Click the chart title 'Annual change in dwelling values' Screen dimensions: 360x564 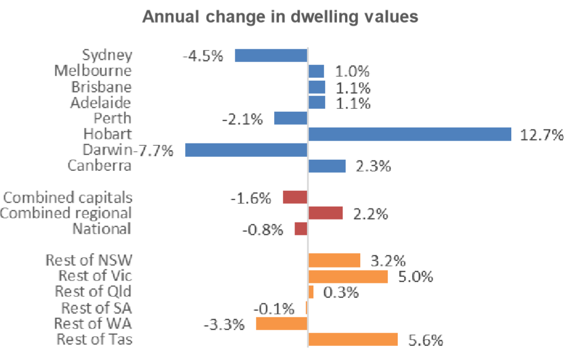pyautogui.click(x=281, y=17)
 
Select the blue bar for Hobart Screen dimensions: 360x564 pyautogui.click(x=409, y=134)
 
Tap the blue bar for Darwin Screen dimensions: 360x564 pyautogui.click(x=246, y=150)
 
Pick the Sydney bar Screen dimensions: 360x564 pyautogui.click(x=271, y=56)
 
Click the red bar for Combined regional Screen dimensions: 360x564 pyautogui.click(x=325, y=213)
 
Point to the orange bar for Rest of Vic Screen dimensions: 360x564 pyautogui.click(x=348, y=276)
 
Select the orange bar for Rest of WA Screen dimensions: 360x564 pyautogui.click(x=282, y=324)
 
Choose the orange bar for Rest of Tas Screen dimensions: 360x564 pyautogui.click(x=353, y=340)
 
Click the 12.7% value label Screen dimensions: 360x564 pyautogui.click(x=542, y=135)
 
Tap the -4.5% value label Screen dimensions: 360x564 pyautogui.click(x=203, y=56)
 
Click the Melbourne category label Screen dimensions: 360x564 pyautogui.click(x=93, y=71)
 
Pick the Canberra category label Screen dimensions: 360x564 pyautogui.click(x=100, y=166)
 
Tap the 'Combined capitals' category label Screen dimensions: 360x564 pyautogui.click(x=68, y=197)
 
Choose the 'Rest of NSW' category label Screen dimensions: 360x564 pyautogui.click(x=88, y=260)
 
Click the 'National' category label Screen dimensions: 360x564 pyautogui.click(x=102, y=229)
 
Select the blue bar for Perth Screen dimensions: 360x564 pyautogui.click(x=290, y=118)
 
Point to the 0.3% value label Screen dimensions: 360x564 pyautogui.click(x=340, y=292)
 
